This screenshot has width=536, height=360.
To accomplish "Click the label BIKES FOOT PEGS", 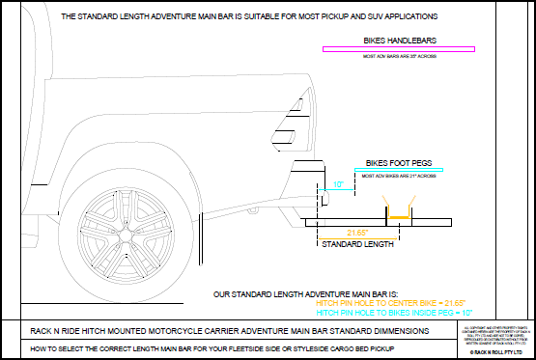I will coord(397,163).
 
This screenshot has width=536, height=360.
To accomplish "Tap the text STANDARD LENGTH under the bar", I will coord(357,246).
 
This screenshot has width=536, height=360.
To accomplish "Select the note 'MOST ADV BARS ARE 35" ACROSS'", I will coord(399,57).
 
